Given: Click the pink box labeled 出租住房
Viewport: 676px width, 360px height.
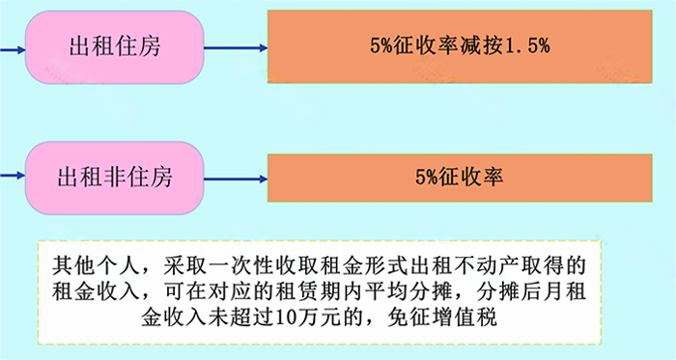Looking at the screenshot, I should click(x=115, y=46).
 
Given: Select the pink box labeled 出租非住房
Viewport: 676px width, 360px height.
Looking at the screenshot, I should click(x=115, y=178).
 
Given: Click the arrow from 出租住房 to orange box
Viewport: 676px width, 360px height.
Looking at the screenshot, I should click(x=236, y=46).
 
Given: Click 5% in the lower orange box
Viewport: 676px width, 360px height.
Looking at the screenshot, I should click(x=428, y=178).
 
